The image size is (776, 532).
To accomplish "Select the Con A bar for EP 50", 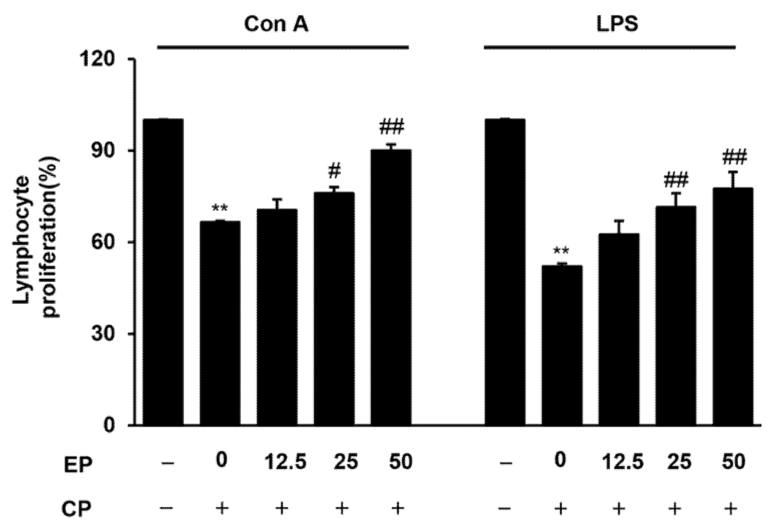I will pos(391,288).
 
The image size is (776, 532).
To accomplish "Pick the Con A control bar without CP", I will pos(163,272).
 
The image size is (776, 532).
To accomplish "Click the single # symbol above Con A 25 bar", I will pos(334,170).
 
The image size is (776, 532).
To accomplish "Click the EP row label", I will pos(78,466).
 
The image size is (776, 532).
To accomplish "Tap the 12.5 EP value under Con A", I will pos(285,463).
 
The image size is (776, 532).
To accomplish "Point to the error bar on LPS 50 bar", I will pos(733,179).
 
